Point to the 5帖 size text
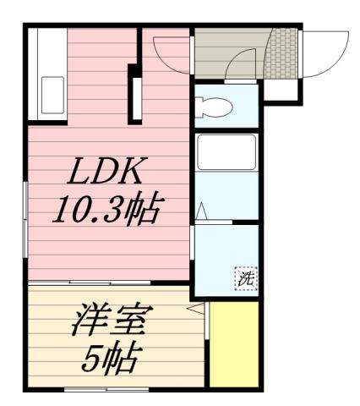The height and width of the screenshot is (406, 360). point(111,359)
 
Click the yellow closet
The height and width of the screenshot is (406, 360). point(233,343)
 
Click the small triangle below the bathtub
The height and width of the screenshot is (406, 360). point(202,211)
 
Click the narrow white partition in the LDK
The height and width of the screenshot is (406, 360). point(134,93)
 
